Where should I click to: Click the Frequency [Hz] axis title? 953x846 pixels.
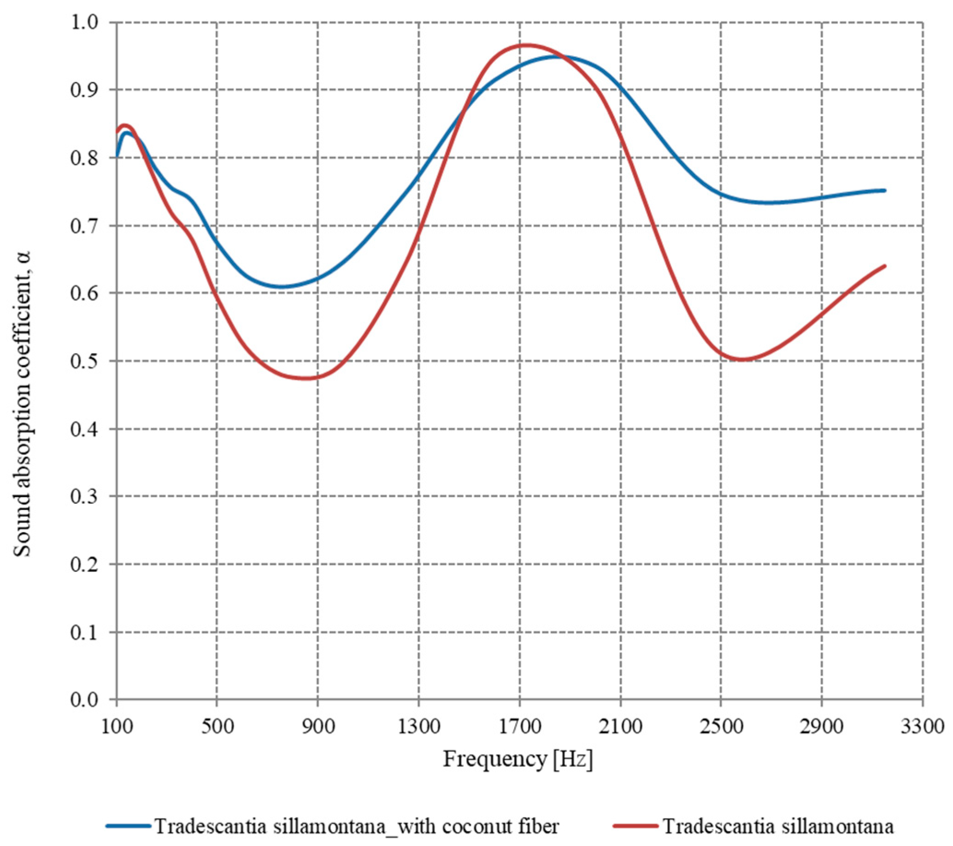click(x=518, y=759)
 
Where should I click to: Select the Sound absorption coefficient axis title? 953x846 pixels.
click(x=23, y=403)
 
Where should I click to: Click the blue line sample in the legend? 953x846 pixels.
click(x=129, y=827)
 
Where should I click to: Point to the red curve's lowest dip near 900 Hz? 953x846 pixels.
click(x=306, y=378)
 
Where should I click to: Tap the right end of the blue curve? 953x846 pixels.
click(x=884, y=190)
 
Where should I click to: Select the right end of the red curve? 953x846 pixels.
click(x=884, y=266)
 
